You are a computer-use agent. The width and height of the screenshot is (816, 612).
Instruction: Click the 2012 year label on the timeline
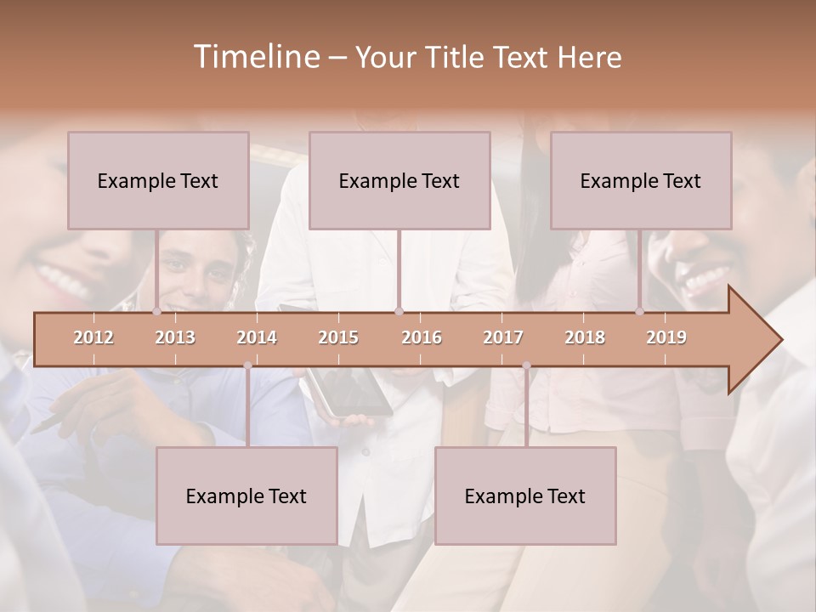tap(93, 337)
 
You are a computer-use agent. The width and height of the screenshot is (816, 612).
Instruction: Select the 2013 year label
tap(175, 337)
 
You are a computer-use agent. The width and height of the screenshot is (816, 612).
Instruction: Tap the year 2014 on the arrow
tap(257, 337)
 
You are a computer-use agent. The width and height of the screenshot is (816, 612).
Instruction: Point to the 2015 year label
tap(338, 337)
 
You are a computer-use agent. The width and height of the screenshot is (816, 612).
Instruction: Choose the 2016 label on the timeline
tap(422, 337)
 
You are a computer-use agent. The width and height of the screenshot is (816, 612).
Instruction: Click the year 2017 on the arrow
tap(503, 337)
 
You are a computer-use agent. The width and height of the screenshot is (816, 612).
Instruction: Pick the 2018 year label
tap(585, 337)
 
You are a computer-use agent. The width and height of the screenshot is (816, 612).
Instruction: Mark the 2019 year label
tap(666, 337)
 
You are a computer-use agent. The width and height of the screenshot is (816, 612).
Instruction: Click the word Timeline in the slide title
tap(255, 57)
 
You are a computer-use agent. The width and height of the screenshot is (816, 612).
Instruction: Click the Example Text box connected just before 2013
tap(158, 180)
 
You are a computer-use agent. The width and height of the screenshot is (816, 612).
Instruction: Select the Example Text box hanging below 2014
tap(246, 496)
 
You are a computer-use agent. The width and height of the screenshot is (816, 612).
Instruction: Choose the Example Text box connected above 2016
tap(399, 180)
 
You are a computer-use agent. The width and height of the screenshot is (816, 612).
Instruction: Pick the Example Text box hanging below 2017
tap(525, 496)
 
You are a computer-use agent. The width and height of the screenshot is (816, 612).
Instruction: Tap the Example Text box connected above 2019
tap(641, 180)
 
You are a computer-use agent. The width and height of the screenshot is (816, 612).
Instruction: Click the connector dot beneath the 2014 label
tap(247, 365)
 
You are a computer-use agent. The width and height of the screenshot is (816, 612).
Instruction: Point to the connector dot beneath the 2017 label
tap(526, 365)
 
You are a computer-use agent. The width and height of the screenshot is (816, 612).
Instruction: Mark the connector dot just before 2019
tap(640, 311)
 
